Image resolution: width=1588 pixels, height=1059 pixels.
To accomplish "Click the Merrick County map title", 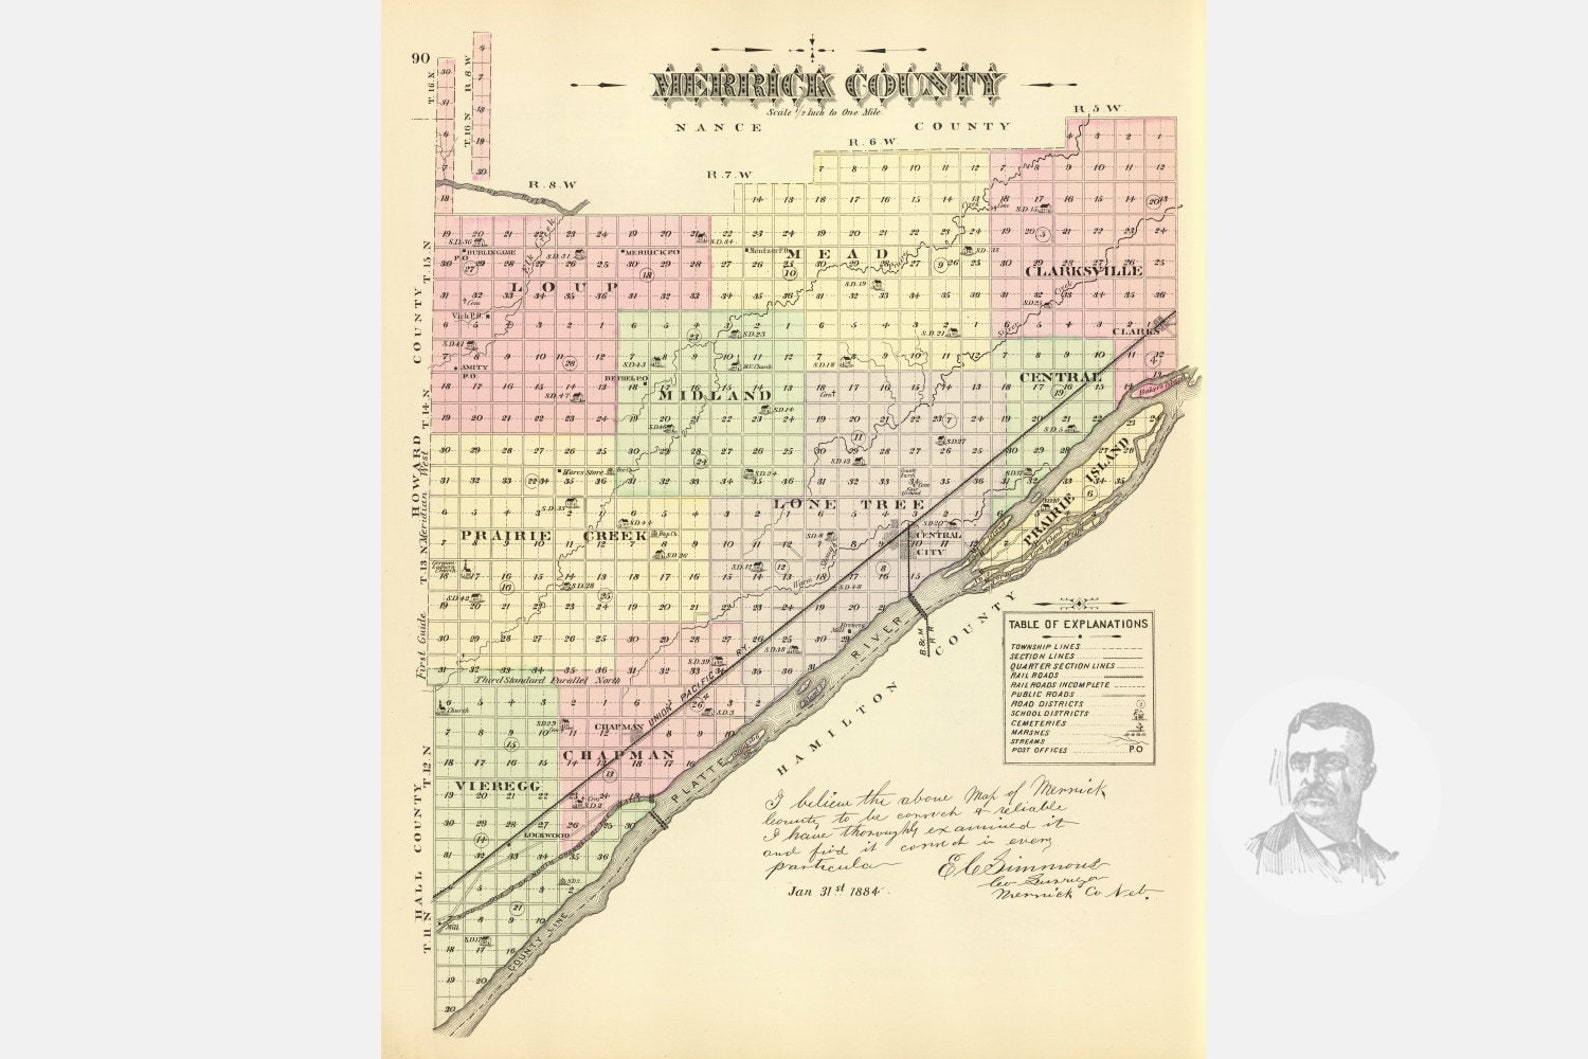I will coord(826,86).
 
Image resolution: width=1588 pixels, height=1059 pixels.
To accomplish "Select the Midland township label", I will coord(716,396).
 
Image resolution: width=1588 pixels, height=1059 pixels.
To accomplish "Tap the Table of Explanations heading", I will coord(1077,624).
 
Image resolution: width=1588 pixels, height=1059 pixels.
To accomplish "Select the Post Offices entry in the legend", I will coord(1040,750).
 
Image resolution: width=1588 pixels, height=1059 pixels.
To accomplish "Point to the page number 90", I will coord(419,57).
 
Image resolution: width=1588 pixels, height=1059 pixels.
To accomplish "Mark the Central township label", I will coord(1060,377).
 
